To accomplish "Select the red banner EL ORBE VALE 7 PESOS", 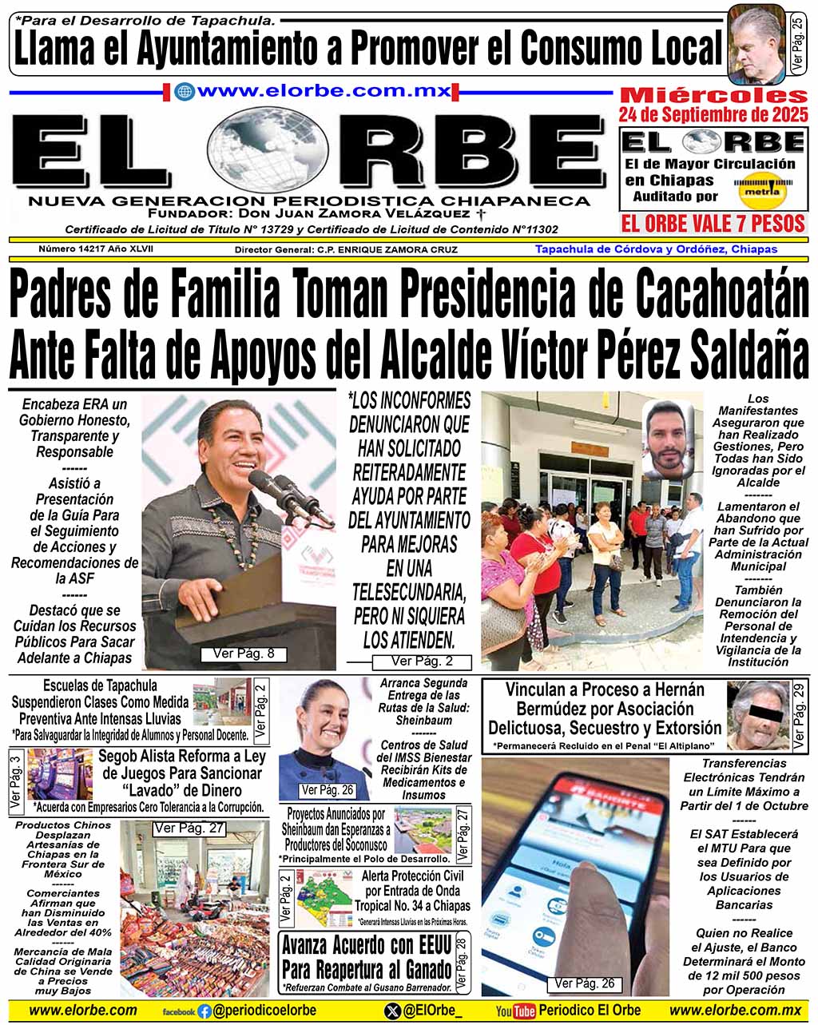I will pyautogui.click(x=713, y=223).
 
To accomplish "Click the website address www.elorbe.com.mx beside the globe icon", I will pyautogui.click(x=324, y=90).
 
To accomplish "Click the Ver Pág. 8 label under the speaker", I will pyautogui.click(x=244, y=654).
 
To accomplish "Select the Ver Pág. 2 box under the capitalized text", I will pyautogui.click(x=423, y=661).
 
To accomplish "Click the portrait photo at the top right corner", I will pyautogui.click(x=756, y=46).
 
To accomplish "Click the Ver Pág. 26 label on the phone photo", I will pyautogui.click(x=585, y=983).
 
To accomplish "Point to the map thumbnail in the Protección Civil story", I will pyautogui.click(x=323, y=898).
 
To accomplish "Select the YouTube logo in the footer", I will pyautogui.click(x=515, y=1011).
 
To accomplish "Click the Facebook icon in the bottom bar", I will pyautogui.click(x=205, y=1011).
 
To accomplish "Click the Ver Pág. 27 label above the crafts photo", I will pyautogui.click(x=189, y=828).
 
